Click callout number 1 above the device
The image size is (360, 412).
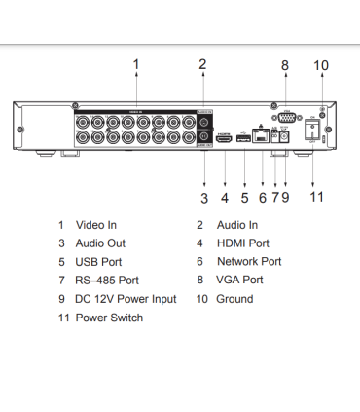click(136, 64)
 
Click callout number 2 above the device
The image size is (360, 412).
click(202, 64)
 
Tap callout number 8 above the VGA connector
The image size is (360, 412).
click(285, 65)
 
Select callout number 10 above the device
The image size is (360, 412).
click(321, 65)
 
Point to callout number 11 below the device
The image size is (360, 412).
click(316, 197)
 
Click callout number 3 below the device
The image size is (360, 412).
click(204, 198)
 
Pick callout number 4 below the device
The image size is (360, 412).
click(224, 198)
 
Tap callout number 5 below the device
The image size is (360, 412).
click(243, 198)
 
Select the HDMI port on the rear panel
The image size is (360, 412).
click(224, 139)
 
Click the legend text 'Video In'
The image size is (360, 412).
click(95, 225)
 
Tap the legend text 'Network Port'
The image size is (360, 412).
click(251, 262)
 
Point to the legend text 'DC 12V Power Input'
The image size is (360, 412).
click(126, 299)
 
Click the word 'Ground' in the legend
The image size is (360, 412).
click(234, 299)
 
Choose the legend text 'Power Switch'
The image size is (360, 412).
click(109, 318)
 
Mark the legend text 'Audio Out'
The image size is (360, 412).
click(100, 243)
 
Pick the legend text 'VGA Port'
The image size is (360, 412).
click(239, 281)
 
